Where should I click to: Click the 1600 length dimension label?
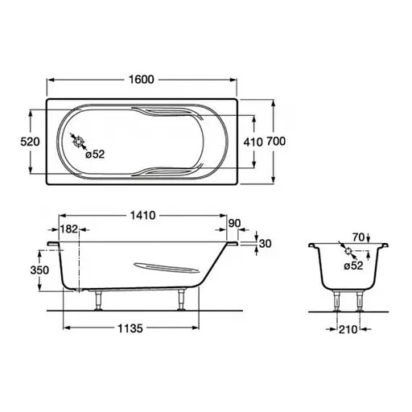coord(142,80)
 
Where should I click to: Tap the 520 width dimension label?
coord(30,142)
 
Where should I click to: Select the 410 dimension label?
coord(253,142)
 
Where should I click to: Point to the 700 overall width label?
coord(276,141)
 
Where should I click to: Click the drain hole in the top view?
coord(79,142)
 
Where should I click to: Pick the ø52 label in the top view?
coord(95,154)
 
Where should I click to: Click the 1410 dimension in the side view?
coord(143,216)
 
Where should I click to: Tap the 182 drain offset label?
coord(69,229)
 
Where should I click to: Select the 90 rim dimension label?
coord(234,223)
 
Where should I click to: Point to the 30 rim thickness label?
coord(265,244)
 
